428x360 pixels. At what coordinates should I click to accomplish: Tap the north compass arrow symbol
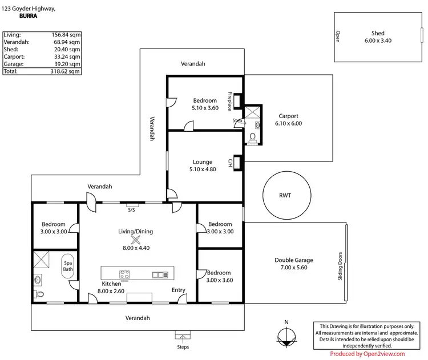click(x=286, y=338)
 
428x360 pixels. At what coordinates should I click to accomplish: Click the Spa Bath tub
click(x=68, y=266)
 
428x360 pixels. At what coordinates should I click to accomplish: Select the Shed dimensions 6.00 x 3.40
click(x=378, y=41)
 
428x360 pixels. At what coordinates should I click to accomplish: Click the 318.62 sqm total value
click(x=65, y=71)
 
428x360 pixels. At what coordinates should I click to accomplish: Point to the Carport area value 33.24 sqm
click(x=67, y=57)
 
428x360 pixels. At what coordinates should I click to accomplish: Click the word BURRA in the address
click(x=29, y=16)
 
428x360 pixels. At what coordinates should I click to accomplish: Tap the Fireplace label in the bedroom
click(x=230, y=101)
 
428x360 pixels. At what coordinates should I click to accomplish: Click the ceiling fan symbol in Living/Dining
click(x=136, y=240)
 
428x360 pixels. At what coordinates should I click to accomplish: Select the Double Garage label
click(x=294, y=260)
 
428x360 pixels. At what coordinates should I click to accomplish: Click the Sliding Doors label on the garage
click(x=340, y=266)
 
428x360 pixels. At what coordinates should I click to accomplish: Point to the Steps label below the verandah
click(x=183, y=347)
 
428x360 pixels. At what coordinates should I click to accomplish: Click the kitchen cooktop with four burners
click(x=124, y=274)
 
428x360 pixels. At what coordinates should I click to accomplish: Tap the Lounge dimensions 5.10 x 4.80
click(x=203, y=169)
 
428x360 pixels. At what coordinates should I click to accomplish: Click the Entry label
click(x=179, y=290)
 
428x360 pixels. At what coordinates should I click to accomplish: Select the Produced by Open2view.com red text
click(x=368, y=354)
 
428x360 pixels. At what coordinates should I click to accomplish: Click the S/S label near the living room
click(x=131, y=210)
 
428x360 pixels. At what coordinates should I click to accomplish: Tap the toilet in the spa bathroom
click(x=39, y=294)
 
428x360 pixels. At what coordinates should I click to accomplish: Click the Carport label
click(x=288, y=116)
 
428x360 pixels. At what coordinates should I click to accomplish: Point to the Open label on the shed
click(x=338, y=37)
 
